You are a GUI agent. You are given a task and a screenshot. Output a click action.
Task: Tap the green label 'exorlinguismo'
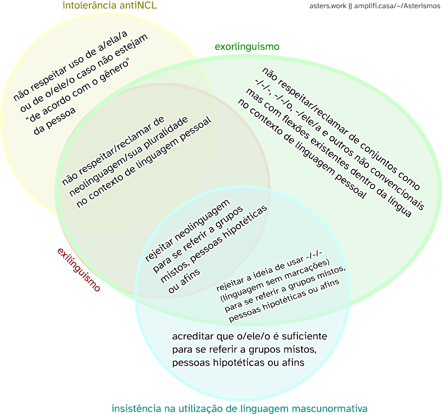[x=247, y=47]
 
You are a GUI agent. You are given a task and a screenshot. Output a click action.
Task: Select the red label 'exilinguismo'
[x=79, y=270]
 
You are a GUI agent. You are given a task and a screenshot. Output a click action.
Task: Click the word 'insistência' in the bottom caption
[x=135, y=408]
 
